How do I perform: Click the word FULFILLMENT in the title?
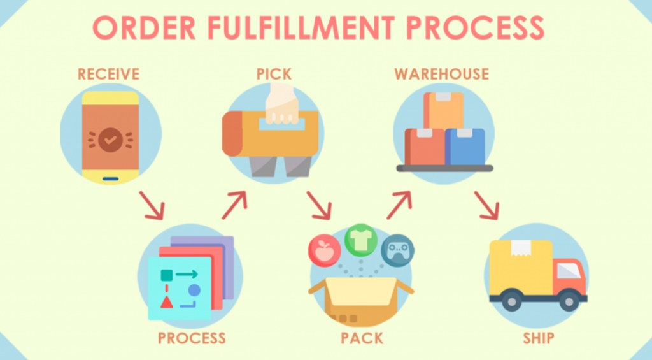301,28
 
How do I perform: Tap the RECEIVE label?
108,74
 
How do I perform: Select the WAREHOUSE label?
442,74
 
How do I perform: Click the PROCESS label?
192,338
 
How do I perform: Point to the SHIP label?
539,338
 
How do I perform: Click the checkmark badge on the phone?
110,140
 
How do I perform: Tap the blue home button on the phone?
110,179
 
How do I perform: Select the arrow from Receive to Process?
152,205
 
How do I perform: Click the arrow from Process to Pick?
234,205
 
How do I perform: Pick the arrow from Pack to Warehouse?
399,205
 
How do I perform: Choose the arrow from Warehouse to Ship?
486,205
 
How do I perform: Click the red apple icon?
325,250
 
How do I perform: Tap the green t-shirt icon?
361,240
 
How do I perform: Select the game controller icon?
398,250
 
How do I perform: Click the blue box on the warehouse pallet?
465,147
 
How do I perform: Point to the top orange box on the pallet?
443,110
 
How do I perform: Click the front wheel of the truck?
569,301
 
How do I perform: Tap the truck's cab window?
569,271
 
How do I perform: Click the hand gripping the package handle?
282,104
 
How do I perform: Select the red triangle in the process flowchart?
167,302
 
